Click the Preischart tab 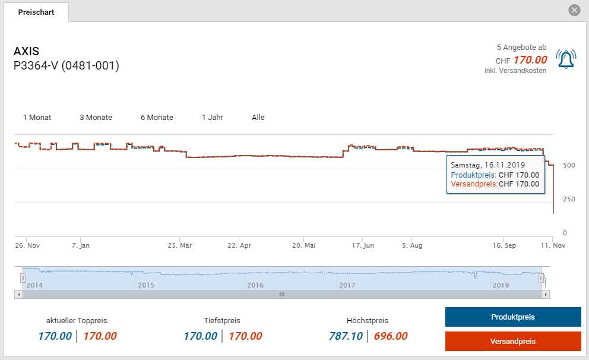36,12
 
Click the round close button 574,10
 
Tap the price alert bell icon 566,59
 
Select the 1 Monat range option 37,118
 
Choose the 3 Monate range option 96,118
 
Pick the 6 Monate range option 157,118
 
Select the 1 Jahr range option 213,118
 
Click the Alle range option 258,118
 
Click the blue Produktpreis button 513,317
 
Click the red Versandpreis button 513,342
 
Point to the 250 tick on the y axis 568,199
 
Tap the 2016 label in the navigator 255,285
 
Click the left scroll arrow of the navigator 19,294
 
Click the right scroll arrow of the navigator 546,294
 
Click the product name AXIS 27,52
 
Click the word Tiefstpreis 223,321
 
